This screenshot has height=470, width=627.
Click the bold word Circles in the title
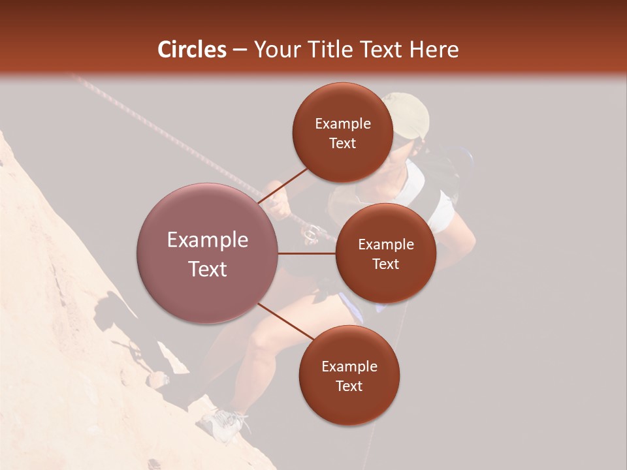point(192,50)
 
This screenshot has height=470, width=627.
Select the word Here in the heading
point(436,50)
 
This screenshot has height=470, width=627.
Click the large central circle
point(207,253)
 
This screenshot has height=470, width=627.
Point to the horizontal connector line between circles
point(307,253)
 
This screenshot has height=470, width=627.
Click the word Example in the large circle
point(207,240)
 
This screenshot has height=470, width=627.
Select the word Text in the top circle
point(343,144)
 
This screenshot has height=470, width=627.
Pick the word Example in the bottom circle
point(349,366)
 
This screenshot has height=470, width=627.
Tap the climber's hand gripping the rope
point(279,206)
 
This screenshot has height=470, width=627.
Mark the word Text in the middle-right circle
point(385,264)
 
